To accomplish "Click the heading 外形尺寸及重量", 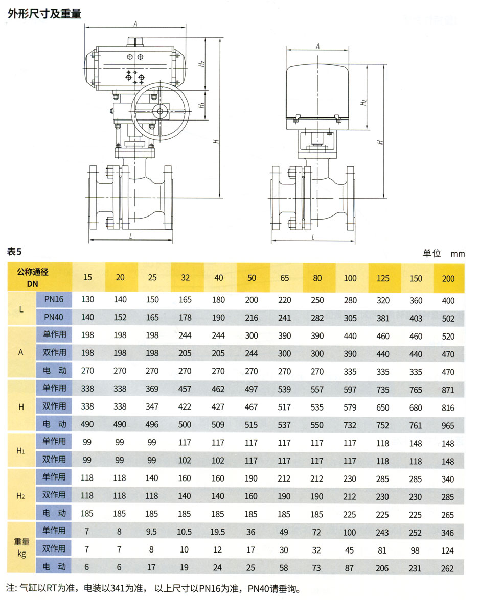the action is coord(44,13).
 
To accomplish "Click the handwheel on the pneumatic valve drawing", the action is coord(161,111).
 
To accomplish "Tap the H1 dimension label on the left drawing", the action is coord(201,105).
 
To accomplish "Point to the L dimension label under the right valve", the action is coord(313,237).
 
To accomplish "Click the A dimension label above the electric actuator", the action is coord(317,46).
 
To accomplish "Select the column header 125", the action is coord(383,279).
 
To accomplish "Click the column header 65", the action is coord(284,278).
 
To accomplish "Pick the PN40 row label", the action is coord(54,317).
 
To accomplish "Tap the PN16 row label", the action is coord(54,299).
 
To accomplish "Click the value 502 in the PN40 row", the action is coord(448,318).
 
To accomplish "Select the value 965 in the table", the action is coord(448,425).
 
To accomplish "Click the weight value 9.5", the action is coord(151,532).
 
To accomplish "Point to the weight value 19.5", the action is coord(218,532).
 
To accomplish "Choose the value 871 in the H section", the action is coord(448,390).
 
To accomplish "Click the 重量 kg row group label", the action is coord(21,547).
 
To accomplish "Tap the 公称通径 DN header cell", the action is coord(33,278).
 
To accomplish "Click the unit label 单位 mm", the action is coord(444,253).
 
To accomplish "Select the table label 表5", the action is coord(14,252).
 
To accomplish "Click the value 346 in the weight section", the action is coord(447,533).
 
